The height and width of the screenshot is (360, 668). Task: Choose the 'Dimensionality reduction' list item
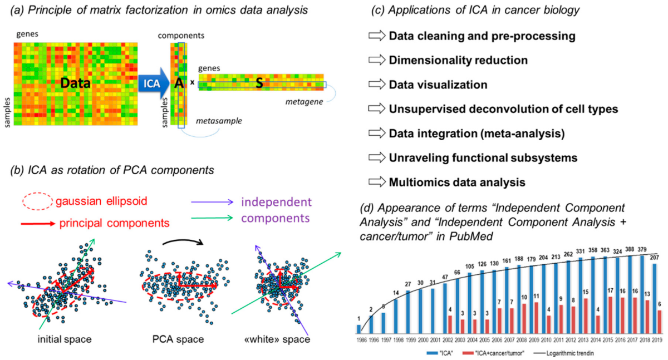[x=458, y=60]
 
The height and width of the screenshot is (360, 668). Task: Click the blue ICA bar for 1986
[x=359, y=328]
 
